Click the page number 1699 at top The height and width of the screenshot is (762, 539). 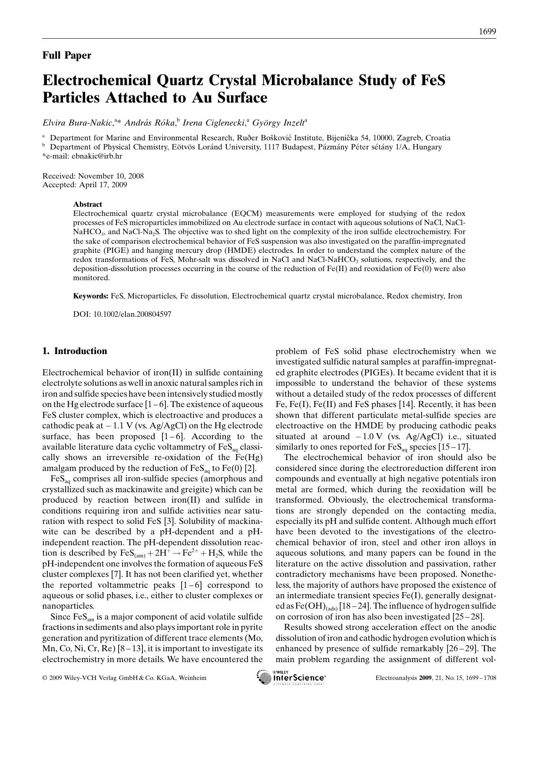coord(487,32)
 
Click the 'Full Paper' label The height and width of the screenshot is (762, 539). coord(67,55)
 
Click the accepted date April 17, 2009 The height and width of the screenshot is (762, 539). coord(103,185)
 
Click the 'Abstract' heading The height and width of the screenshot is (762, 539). coord(88,204)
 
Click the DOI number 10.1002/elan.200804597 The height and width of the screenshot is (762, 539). coord(132,314)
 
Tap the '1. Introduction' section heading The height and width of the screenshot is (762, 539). coord(75,351)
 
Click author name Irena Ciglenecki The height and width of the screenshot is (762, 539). coord(214,123)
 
